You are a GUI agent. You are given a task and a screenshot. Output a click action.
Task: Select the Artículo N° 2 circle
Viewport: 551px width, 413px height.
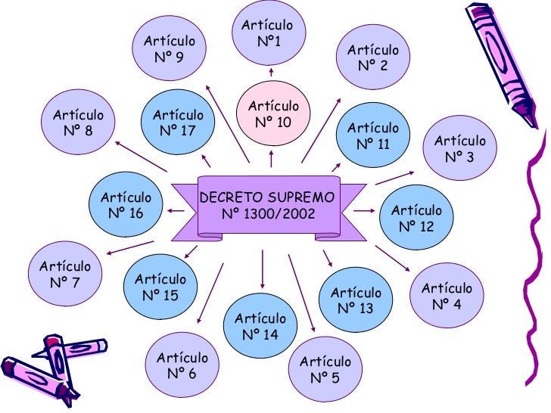373,57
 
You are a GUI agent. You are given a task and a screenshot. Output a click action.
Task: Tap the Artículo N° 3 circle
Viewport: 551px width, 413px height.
459,148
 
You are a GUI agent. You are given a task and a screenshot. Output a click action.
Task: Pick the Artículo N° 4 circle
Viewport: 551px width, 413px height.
447,296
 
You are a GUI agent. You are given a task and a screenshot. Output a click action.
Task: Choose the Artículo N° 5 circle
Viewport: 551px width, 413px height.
325,369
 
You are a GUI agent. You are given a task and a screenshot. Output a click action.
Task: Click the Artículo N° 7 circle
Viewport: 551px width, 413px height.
65,275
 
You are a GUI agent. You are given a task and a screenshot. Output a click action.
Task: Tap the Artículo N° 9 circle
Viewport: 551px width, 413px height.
170,48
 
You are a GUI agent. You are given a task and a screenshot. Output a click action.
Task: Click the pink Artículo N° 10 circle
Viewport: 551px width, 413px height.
273,113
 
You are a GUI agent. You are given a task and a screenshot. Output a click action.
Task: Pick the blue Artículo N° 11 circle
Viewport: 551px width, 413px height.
373,135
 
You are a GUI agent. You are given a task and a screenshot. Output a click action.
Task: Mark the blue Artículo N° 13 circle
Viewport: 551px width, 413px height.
356,300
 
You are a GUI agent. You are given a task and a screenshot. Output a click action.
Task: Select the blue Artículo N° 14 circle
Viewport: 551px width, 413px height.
260,326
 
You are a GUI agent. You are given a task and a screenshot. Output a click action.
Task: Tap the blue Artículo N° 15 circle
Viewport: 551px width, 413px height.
160,287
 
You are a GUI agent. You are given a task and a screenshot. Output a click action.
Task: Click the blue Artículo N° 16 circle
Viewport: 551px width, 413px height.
126,205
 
